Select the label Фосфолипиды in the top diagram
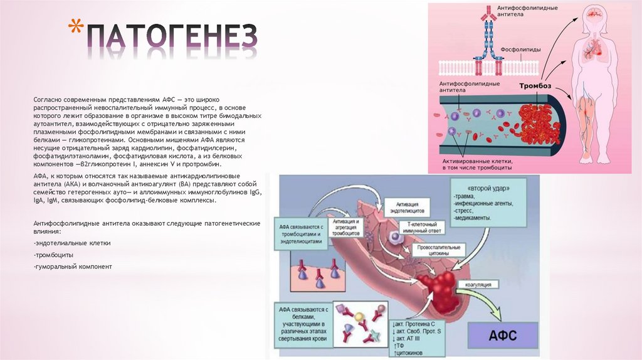click(521, 49)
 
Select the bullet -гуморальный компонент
click(72, 267)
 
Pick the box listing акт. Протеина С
click(419, 339)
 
